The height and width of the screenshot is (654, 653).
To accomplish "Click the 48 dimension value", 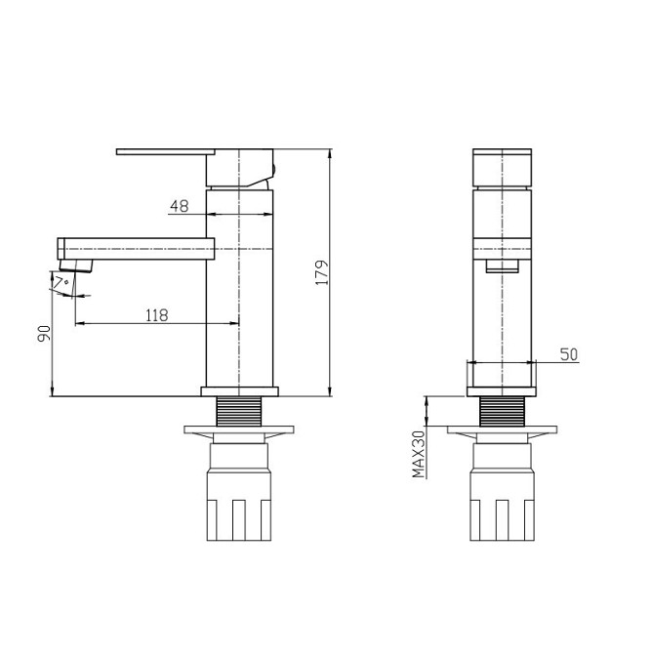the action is click(x=180, y=206).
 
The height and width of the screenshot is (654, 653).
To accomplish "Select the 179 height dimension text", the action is click(x=322, y=272).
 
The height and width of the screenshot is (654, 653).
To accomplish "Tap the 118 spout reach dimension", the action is click(x=157, y=315).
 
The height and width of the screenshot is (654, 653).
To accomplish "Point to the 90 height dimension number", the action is click(x=44, y=334).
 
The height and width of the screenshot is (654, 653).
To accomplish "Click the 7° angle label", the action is click(x=61, y=282).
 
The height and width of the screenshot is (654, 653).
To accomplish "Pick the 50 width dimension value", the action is click(x=569, y=354).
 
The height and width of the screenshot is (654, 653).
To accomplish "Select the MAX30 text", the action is click(x=418, y=454).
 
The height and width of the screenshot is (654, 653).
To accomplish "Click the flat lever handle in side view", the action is click(x=166, y=152).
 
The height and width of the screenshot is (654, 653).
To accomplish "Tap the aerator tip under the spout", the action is click(x=75, y=266).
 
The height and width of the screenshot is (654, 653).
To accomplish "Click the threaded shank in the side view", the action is click(x=239, y=411).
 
